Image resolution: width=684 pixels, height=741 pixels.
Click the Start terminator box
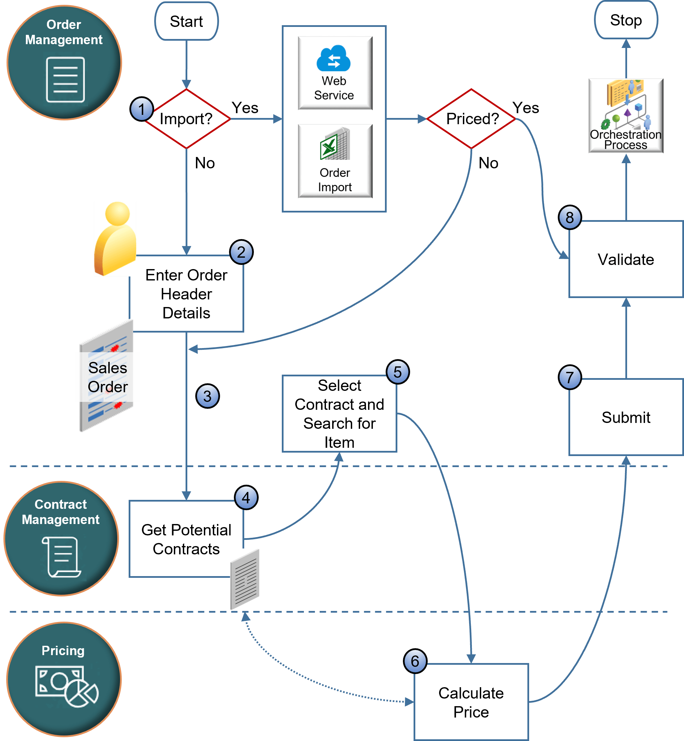pyautogui.click(x=186, y=21)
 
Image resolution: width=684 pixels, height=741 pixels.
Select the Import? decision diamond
pyautogui.click(x=186, y=119)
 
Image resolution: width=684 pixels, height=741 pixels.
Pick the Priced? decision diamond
pyautogui.click(x=471, y=119)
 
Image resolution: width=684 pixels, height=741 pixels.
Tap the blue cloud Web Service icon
pyautogui.click(x=334, y=59)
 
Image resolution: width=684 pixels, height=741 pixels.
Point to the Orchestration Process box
pyautogui.click(x=625, y=116)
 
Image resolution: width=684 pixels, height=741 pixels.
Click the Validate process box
pyautogui.click(x=625, y=259)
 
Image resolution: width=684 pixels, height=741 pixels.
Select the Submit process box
pyautogui.click(x=625, y=417)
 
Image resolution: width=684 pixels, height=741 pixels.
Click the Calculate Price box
pyautogui.click(x=471, y=702)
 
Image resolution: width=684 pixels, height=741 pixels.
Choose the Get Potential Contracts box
pyautogui.click(x=186, y=539)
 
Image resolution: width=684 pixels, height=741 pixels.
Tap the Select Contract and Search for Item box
pyautogui.click(x=339, y=413)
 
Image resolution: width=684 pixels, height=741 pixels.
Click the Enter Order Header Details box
pyautogui.click(x=186, y=294)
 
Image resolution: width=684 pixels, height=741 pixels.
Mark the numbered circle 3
pyautogui.click(x=207, y=396)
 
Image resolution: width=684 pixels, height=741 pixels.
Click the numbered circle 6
pyautogui.click(x=415, y=661)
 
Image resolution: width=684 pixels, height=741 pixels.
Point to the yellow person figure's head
pyautogui.click(x=117, y=214)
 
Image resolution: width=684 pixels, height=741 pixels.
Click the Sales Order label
pyautogui.click(x=107, y=377)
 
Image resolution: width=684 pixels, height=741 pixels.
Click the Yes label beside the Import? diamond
pyautogui.click(x=245, y=108)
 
